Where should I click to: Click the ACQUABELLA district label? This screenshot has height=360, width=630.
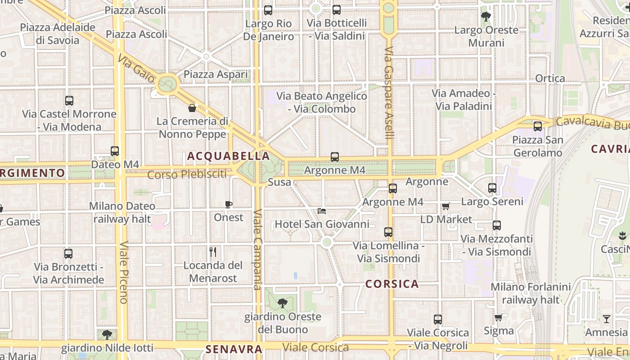pyautogui.click(x=228, y=156)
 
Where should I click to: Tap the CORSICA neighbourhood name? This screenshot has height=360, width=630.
pyautogui.click(x=392, y=284)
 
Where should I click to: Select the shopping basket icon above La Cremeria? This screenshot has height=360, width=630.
pyautogui.click(x=192, y=108)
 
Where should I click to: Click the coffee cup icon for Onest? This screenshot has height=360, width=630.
pyautogui.click(x=229, y=204)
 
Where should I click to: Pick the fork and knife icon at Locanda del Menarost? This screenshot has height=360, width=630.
pyautogui.click(x=213, y=252)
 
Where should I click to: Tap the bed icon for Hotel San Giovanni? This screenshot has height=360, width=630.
pyautogui.click(x=321, y=211)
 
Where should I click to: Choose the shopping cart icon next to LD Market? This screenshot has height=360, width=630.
pyautogui.click(x=445, y=206)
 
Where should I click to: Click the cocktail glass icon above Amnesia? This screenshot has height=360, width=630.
pyautogui.click(x=607, y=319)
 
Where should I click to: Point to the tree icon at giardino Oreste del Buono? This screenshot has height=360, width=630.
pyautogui.click(x=283, y=303)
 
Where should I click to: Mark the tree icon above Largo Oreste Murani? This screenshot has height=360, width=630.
pyautogui.click(x=486, y=17)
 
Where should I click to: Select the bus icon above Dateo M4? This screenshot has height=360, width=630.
pyautogui.click(x=115, y=151)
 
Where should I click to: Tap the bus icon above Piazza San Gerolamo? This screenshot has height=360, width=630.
pyautogui.click(x=538, y=126)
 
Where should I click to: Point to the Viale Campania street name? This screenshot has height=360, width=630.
pyautogui.click(x=257, y=250)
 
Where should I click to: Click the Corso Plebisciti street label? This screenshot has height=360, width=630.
pyautogui.click(x=187, y=174)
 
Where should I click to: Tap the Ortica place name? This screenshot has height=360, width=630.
pyautogui.click(x=550, y=78)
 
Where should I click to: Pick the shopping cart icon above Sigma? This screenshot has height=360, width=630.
pyautogui.click(x=498, y=318)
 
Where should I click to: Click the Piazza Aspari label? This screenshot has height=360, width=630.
pyautogui.click(x=216, y=74)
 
